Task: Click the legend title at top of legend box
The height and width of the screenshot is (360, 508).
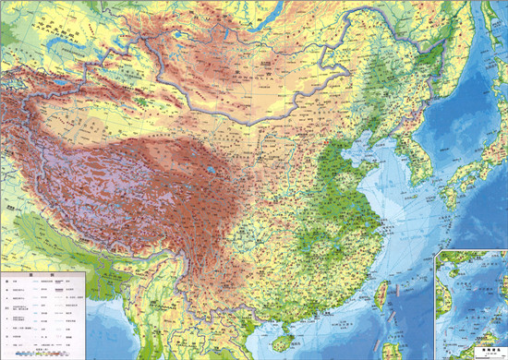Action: click(42, 274)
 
